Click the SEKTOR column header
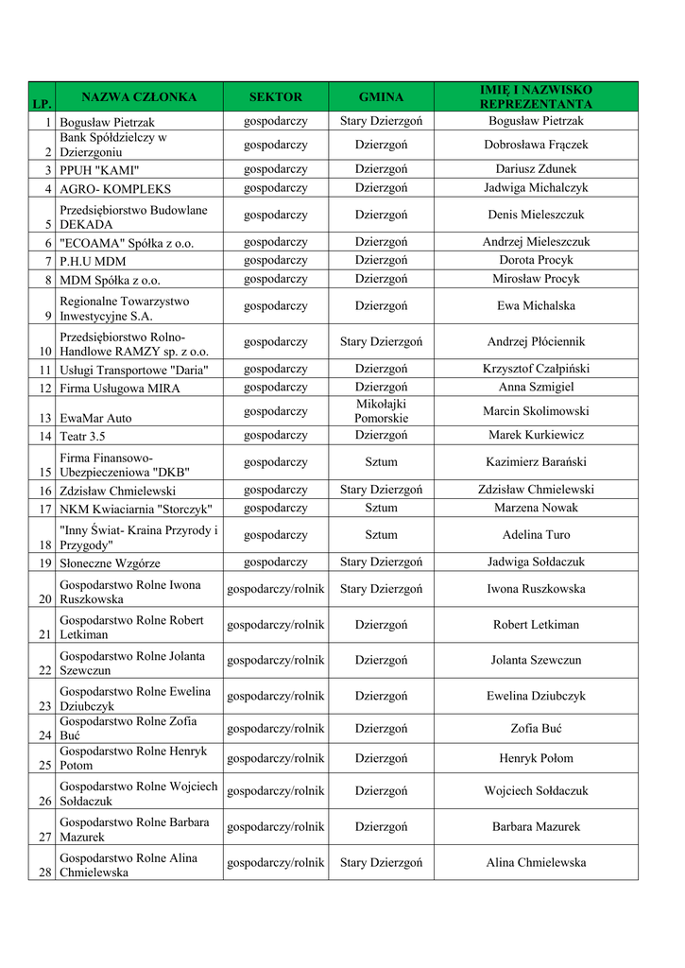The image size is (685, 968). (x=276, y=96)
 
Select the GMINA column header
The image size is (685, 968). (x=381, y=96)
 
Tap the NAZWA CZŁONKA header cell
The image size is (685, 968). (x=139, y=96)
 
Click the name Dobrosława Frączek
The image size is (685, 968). (x=536, y=145)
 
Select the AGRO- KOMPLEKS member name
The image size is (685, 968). (x=115, y=189)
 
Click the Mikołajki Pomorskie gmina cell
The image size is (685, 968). (x=381, y=410)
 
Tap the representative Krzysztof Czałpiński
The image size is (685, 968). (x=536, y=369)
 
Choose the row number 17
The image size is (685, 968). (x=45, y=509)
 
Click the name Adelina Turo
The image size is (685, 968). (x=536, y=534)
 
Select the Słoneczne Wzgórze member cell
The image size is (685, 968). (x=110, y=562)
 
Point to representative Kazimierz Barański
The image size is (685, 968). (x=536, y=462)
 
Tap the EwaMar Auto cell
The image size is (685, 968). (x=95, y=417)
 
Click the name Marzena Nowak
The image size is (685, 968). (x=536, y=508)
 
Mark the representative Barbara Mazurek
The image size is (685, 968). (x=536, y=826)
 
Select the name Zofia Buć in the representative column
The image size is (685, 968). (x=536, y=728)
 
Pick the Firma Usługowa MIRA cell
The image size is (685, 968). (x=119, y=388)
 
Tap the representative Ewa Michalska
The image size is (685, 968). (x=536, y=305)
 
